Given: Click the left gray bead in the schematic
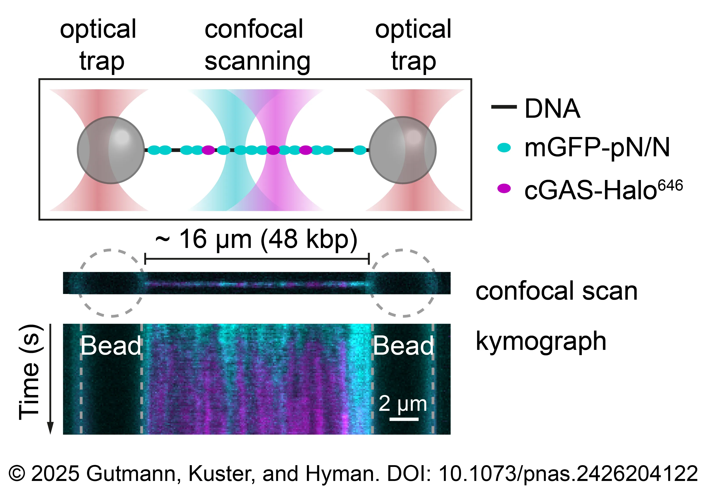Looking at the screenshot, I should pyautogui.click(x=111, y=150).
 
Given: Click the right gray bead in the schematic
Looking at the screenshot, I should pyautogui.click(x=403, y=150).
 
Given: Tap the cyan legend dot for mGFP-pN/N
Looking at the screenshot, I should pyautogui.click(x=504, y=148).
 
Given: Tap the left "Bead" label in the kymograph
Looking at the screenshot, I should pyautogui.click(x=111, y=346).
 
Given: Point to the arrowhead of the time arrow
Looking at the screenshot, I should pyautogui.click(x=50, y=428).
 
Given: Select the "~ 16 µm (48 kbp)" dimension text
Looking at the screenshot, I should pyautogui.click(x=256, y=239).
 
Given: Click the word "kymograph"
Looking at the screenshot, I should pyautogui.click(x=541, y=341).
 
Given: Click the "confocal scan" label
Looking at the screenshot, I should pyautogui.click(x=557, y=291).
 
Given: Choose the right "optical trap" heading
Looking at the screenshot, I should pyautogui.click(x=413, y=45).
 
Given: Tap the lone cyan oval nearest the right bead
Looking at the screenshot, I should pyautogui.click(x=360, y=150).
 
